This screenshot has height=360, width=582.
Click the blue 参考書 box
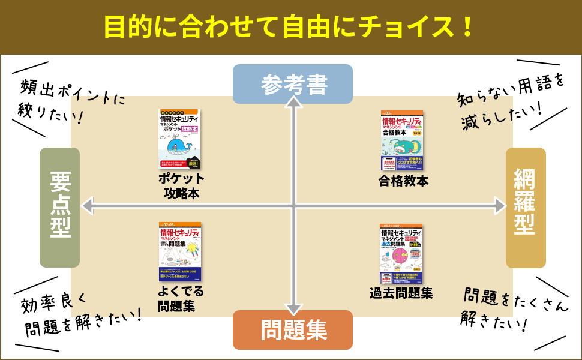click(292, 84)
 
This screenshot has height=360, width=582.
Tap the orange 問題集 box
click(292, 329)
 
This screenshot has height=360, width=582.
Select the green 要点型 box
click(60, 207)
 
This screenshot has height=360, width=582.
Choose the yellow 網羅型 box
click(526, 207)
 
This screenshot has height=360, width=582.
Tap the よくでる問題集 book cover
click(180, 252)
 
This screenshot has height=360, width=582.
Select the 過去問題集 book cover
click(401, 254)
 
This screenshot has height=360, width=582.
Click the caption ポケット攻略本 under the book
click(181, 186)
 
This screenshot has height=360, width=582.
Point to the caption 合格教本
click(404, 181)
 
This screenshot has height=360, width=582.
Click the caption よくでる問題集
click(181, 299)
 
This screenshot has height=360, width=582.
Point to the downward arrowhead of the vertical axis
click(293, 310)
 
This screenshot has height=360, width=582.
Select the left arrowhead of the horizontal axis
click(88, 206)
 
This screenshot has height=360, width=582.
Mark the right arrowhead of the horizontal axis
click(501, 206)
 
